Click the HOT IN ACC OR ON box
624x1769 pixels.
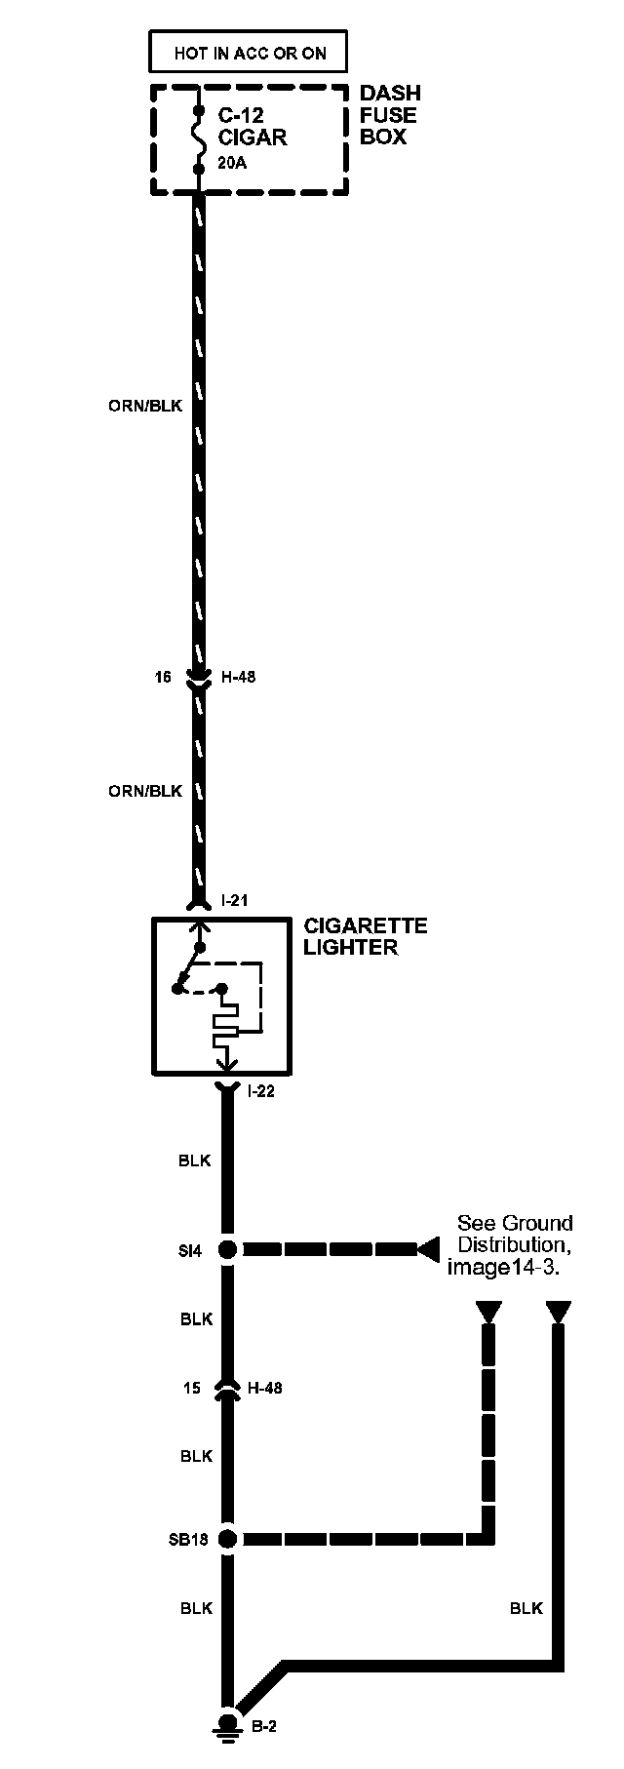click(x=250, y=53)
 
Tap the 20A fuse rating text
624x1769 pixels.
click(x=232, y=164)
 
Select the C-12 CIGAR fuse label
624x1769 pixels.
click(x=252, y=127)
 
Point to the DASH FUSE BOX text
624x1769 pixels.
click(x=390, y=115)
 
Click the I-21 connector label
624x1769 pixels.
click(x=234, y=900)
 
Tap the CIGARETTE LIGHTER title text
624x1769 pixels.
click(x=366, y=936)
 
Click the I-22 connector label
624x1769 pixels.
click(x=261, y=1091)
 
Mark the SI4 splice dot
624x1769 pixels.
click(x=227, y=1249)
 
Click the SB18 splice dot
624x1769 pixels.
click(x=227, y=1540)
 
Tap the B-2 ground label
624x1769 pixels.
click(x=264, y=1726)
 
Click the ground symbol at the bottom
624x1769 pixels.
click(x=227, y=1725)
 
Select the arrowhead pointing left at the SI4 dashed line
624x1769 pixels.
click(x=427, y=1249)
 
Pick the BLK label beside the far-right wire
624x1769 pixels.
click(x=526, y=1608)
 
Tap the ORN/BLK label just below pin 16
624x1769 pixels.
click(x=145, y=791)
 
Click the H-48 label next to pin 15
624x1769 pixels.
click(x=265, y=1388)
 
